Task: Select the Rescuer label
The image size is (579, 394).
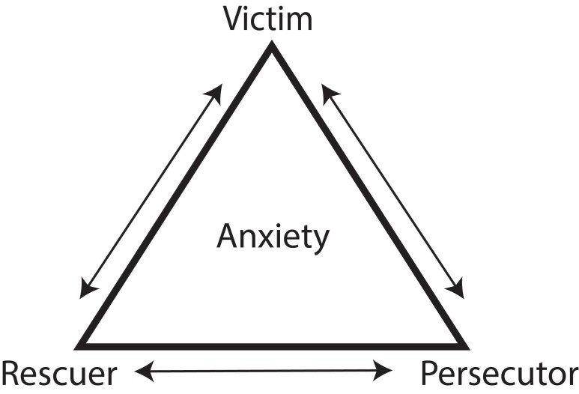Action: (59, 372)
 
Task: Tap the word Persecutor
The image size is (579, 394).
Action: (499, 372)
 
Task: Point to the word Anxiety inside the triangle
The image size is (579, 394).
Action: (273, 237)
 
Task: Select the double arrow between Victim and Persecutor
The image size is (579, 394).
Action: (393, 191)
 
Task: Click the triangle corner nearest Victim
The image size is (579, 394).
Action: (272, 46)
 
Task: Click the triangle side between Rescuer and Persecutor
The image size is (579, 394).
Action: (273, 346)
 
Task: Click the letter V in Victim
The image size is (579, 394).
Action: (234, 19)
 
